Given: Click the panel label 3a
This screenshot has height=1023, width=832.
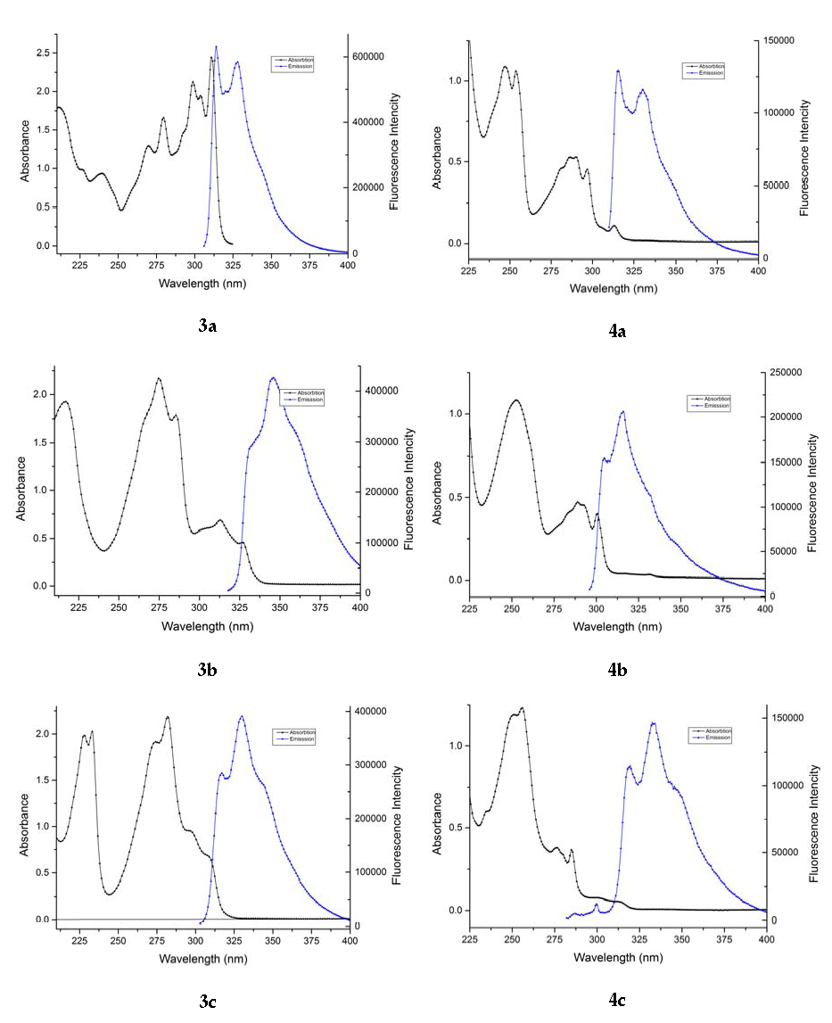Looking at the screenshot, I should click(207, 326).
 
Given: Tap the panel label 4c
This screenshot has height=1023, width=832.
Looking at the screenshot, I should click(617, 1000).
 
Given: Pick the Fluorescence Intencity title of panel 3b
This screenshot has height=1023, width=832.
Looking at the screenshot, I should click(408, 487).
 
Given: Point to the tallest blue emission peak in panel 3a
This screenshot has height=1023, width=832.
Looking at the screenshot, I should click(216, 46).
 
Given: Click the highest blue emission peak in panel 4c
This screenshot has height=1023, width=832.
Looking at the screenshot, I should click(653, 723).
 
